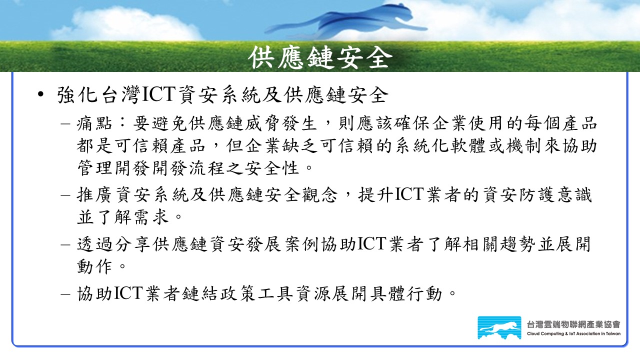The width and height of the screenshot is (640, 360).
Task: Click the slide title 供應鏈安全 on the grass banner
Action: (320, 58)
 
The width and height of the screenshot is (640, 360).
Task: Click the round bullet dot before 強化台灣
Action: (41, 94)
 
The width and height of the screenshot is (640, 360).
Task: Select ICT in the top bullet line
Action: (158, 94)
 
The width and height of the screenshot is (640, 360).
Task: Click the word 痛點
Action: (94, 123)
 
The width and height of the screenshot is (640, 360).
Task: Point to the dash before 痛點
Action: (65, 124)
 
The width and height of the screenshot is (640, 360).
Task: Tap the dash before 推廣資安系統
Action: (65, 195)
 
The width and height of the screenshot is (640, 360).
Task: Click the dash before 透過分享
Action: (65, 245)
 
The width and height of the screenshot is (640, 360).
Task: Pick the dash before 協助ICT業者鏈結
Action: (65, 294)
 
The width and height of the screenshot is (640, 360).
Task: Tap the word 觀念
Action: (319, 195)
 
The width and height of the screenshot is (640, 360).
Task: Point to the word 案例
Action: (301, 244)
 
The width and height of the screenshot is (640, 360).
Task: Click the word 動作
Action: (94, 266)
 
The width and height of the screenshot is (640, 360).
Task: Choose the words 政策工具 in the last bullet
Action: (256, 293)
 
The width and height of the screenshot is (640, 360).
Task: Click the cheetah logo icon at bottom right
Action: (499, 327)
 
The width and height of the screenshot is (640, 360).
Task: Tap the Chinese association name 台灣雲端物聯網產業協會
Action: (573, 324)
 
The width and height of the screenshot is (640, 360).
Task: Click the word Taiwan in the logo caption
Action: (613, 333)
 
